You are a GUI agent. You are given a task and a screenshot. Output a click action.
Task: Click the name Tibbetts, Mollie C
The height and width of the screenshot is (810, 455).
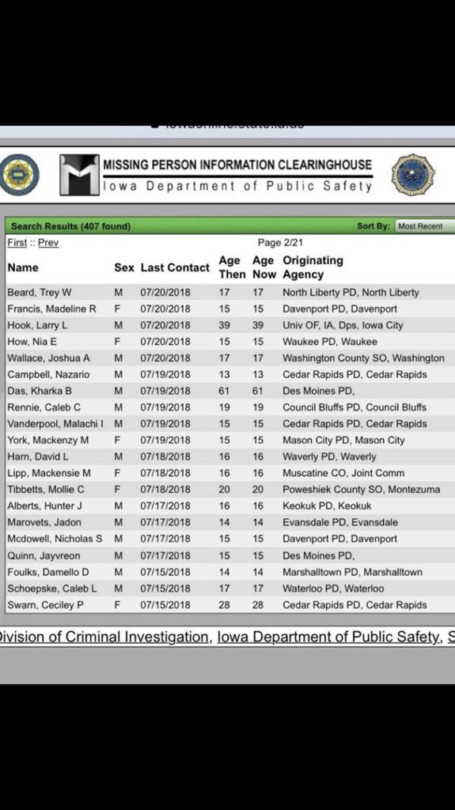(46, 490)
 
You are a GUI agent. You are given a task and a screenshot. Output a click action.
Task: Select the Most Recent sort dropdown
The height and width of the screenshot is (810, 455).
(424, 226)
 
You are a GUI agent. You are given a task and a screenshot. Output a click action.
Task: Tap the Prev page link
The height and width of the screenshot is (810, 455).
(48, 243)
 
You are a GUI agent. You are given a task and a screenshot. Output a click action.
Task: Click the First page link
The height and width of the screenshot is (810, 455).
(17, 243)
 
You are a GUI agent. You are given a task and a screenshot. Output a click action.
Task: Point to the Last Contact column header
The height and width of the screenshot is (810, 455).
(175, 267)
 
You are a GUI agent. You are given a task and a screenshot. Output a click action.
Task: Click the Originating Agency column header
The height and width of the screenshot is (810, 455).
(313, 267)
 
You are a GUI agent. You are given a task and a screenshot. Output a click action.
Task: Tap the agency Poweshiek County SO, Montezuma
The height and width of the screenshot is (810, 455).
(362, 490)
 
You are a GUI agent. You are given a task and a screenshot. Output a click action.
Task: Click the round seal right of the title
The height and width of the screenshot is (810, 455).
(412, 176)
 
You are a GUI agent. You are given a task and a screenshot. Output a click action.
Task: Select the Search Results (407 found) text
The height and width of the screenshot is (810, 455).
(70, 226)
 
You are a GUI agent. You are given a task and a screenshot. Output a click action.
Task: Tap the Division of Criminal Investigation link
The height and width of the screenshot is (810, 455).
(105, 638)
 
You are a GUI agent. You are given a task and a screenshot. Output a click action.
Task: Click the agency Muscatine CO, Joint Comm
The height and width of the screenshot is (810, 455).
(343, 473)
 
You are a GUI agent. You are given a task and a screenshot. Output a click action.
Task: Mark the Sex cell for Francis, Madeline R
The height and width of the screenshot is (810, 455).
(118, 308)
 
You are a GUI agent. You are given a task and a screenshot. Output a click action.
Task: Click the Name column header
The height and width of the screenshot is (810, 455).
(23, 267)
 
